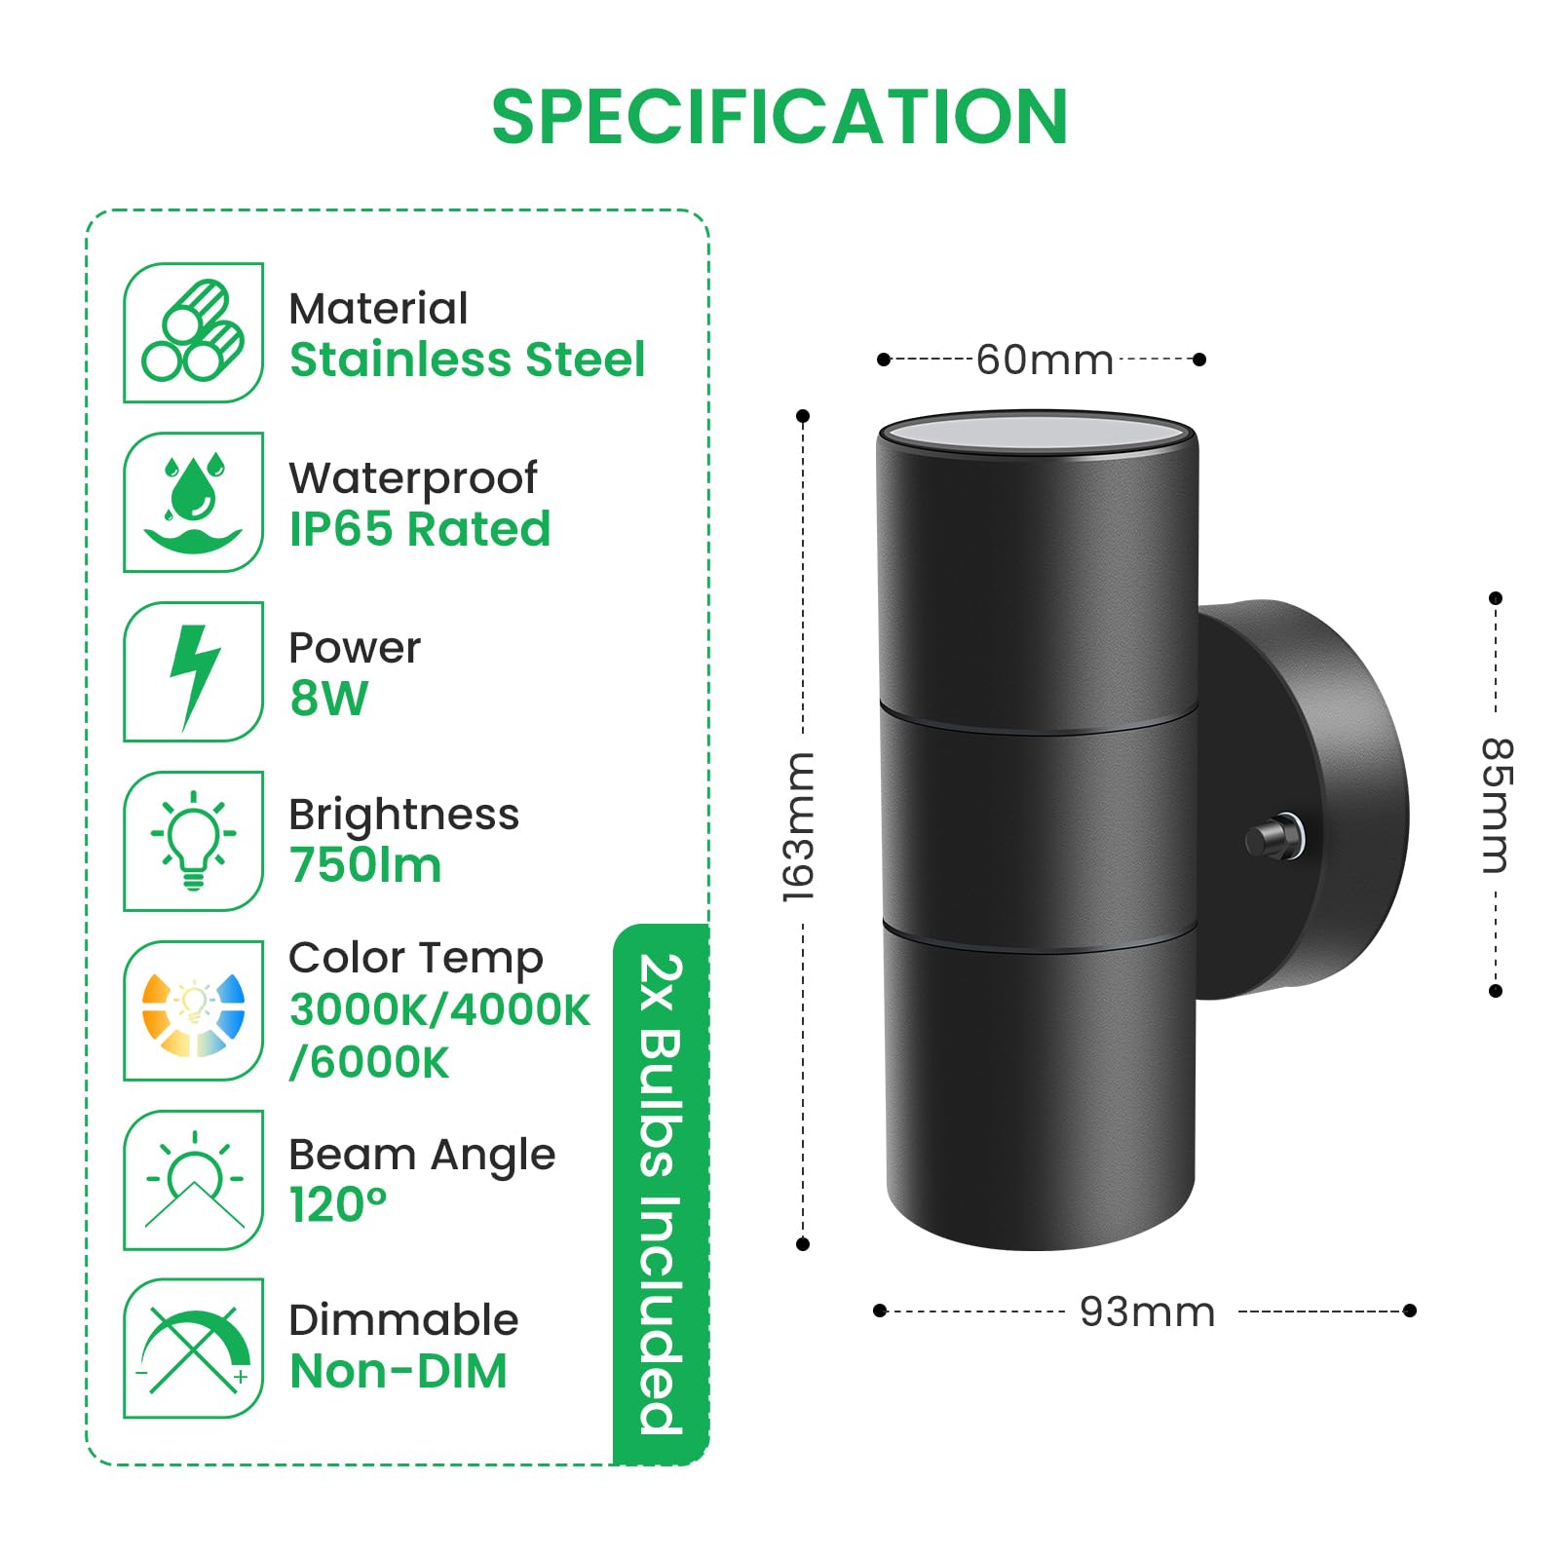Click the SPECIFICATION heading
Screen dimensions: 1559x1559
(779, 117)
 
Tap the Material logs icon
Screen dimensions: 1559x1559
(193, 332)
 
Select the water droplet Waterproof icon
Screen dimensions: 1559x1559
(193, 502)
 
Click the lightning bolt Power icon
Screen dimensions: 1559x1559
(193, 671)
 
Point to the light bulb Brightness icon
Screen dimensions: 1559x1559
(193, 841)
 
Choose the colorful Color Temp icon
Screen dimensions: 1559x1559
(193, 1010)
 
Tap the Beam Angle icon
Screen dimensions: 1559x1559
(193, 1180)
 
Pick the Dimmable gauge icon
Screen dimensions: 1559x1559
(193, 1349)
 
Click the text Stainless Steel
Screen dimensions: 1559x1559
(468, 360)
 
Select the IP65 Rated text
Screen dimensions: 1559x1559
(420, 529)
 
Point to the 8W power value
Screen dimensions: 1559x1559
(329, 698)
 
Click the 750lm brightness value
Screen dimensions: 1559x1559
(365, 865)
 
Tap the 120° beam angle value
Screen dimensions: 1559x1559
(338, 1204)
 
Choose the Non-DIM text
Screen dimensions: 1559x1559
(399, 1371)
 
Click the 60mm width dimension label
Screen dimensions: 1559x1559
(1045, 361)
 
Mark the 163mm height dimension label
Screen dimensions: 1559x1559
(798, 827)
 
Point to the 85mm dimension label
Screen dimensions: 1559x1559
(1497, 805)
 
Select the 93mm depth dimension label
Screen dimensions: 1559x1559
(1148, 1312)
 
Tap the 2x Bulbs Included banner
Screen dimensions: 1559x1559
(661, 1194)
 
